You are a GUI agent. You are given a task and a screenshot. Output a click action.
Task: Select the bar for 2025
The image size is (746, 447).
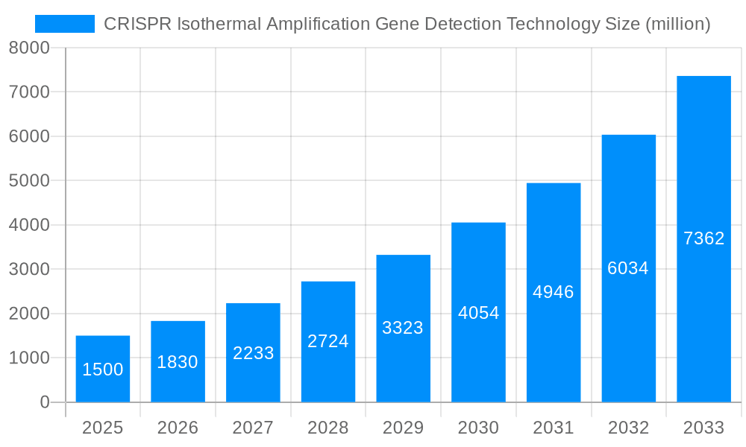tap(103, 369)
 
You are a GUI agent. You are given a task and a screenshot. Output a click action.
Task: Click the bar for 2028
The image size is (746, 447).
tap(328, 342)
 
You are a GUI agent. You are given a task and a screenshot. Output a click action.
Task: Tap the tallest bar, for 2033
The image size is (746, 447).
tap(703, 239)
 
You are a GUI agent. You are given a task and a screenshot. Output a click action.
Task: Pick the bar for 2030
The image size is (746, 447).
tap(478, 312)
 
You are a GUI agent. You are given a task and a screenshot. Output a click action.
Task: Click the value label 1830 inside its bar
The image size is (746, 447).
tap(178, 362)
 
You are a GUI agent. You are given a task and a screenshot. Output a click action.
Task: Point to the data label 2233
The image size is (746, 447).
tap(253, 353)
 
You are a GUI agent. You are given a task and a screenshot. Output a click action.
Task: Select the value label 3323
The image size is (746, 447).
tap(403, 328)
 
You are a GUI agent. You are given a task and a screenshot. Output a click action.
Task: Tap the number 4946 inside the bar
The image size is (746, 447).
tap(554, 292)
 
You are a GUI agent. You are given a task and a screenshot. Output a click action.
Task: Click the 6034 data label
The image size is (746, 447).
tap(628, 268)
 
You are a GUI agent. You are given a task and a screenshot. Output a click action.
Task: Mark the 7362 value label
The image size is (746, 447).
tap(703, 238)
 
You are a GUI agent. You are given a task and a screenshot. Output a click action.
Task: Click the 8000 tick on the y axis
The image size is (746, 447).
tap(29, 48)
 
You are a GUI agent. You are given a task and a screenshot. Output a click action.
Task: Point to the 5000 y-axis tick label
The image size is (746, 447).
tap(29, 181)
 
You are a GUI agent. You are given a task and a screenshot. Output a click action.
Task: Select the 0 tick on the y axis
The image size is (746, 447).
tap(44, 402)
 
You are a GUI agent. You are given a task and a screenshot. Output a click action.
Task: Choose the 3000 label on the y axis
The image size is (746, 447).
tap(29, 270)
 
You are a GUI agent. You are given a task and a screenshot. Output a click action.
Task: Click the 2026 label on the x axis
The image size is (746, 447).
tap(178, 428)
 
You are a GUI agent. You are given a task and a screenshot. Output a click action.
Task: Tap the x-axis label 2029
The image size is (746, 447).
tap(403, 428)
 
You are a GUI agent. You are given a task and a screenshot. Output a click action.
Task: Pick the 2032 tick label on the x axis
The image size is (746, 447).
tap(628, 428)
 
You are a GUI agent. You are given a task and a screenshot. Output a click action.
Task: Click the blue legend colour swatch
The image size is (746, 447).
tap(65, 24)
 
